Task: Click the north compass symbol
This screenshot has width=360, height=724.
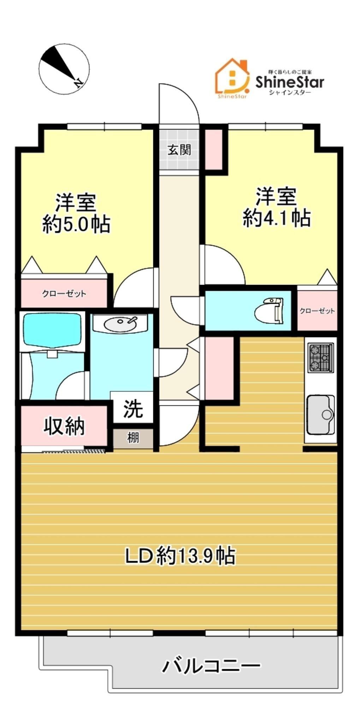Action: point(64,69)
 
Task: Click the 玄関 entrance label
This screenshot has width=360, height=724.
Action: point(179,150)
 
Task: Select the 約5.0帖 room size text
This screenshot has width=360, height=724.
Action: point(77,224)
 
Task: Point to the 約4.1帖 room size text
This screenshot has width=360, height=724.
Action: point(276,218)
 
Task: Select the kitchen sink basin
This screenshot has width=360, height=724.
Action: point(320,414)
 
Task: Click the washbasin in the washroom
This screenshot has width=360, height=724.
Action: point(120,323)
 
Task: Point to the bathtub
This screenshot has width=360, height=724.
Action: point(52,331)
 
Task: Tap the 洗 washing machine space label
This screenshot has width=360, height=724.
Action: point(133,408)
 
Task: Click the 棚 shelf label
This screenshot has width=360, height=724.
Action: point(133,438)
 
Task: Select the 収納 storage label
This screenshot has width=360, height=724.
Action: point(64,426)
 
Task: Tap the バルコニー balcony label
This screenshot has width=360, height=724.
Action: point(211,666)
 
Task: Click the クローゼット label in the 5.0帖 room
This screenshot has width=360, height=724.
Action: point(64,293)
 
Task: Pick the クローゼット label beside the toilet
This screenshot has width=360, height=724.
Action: point(317,311)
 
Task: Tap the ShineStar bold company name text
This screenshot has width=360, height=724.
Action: point(290,82)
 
